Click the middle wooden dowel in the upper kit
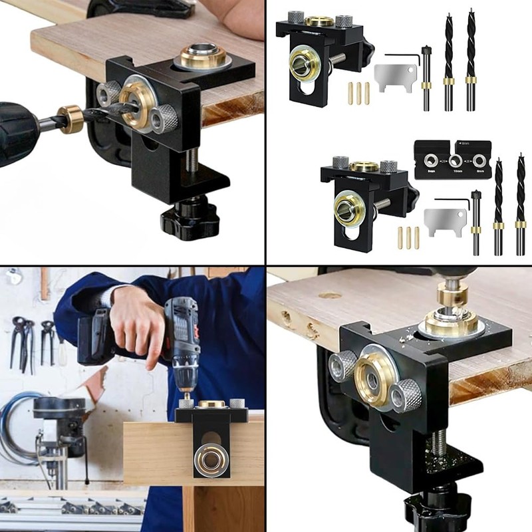[357, 93]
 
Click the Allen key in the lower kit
[452, 200]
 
